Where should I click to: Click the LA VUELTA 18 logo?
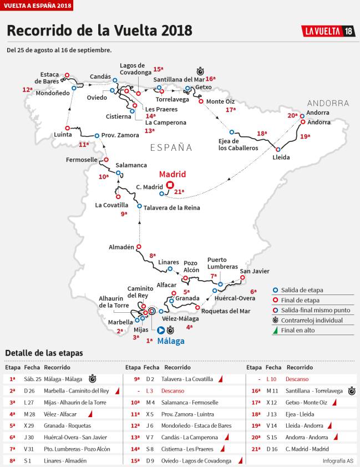(328, 31)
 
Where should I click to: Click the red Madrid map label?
(172, 174)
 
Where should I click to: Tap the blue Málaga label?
(170, 341)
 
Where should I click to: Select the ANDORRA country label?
(328, 103)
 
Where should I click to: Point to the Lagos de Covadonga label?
(132, 69)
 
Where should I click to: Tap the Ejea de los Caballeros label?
(239, 144)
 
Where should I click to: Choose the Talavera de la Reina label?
(171, 208)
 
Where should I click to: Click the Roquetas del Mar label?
(226, 311)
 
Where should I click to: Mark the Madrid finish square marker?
(170, 186)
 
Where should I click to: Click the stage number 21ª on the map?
(179, 192)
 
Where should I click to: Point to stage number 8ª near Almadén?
(153, 256)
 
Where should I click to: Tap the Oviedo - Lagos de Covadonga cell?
(189, 461)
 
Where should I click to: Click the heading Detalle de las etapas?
(44, 353)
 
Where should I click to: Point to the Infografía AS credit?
(338, 461)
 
